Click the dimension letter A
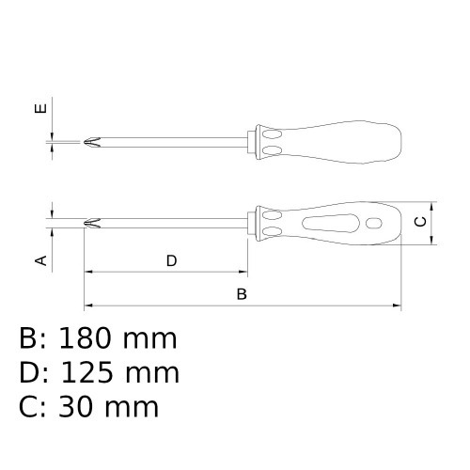(x=40, y=259)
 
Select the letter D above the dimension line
(x=171, y=260)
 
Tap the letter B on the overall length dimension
(x=241, y=294)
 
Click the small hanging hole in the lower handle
(x=370, y=224)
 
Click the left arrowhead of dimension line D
(x=90, y=272)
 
